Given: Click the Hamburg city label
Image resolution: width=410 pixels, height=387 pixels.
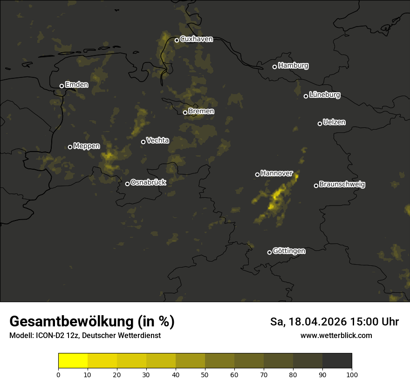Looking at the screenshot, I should [x=293, y=66].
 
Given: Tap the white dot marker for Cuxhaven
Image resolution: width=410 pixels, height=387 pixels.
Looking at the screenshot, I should [x=177, y=40].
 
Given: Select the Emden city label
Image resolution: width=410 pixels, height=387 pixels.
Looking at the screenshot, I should [x=76, y=85].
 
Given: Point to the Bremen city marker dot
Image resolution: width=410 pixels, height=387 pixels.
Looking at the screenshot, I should [x=185, y=112].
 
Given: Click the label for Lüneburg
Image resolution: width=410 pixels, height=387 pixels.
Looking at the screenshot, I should [x=324, y=95].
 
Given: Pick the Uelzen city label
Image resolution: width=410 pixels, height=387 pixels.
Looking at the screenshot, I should [x=334, y=122].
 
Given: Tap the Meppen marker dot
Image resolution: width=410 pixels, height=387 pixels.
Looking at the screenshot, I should [x=70, y=147].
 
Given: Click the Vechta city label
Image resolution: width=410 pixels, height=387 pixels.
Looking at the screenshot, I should [x=157, y=140].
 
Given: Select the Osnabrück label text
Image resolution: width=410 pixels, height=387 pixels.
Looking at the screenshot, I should [x=148, y=182].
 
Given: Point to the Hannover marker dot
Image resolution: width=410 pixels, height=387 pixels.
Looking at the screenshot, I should [x=257, y=174].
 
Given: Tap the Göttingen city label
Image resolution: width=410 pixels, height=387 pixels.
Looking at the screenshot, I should [x=289, y=251].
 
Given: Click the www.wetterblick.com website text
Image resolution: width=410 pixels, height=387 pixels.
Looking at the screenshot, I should [x=336, y=335].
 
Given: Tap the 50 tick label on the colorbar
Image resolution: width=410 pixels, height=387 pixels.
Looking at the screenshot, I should [x=205, y=374].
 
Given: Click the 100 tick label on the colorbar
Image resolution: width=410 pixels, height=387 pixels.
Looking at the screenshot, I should [x=352, y=374].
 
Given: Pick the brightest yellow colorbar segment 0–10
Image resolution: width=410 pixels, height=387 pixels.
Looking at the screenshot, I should [x=73, y=361].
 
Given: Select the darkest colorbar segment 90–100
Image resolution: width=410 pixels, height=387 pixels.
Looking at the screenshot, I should [x=337, y=361].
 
